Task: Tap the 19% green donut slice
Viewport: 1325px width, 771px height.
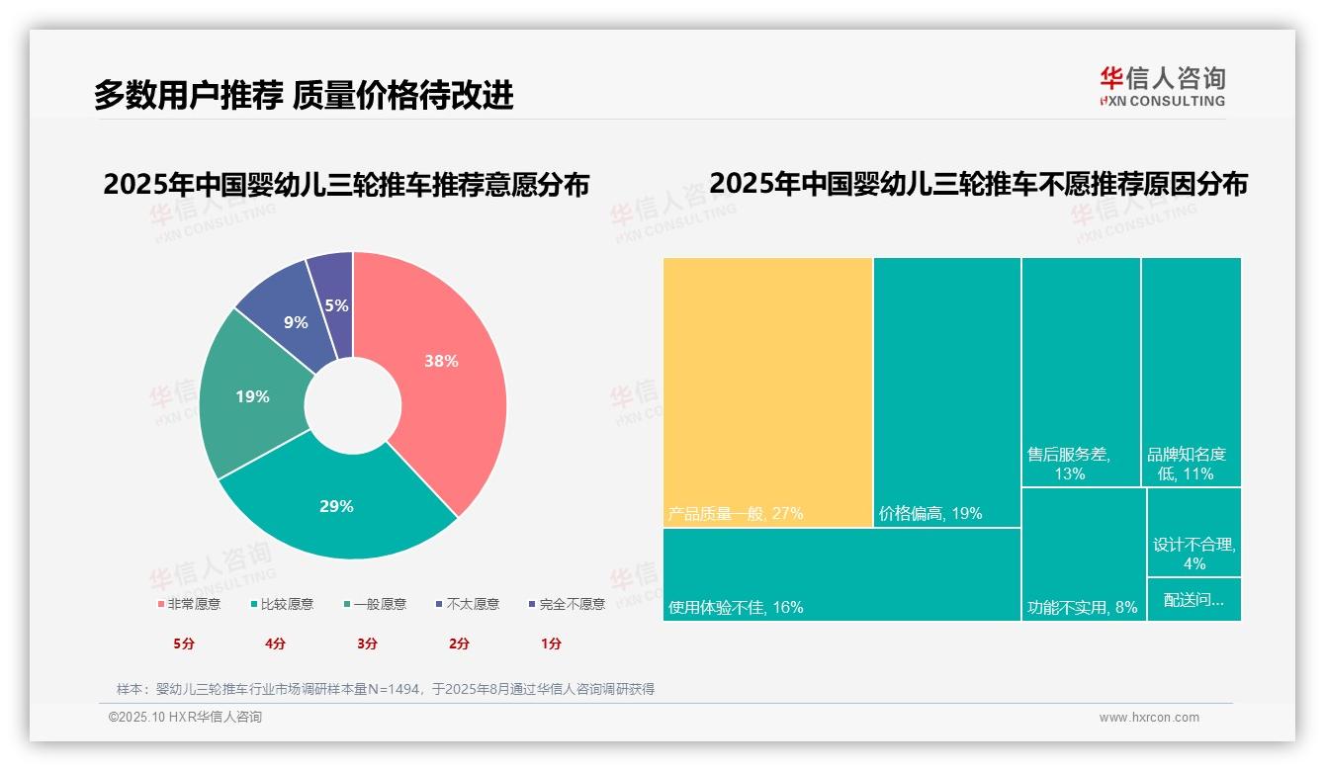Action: tap(252, 396)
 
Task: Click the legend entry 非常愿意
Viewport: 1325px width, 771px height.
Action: tap(189, 604)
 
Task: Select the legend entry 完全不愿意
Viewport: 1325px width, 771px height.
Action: tap(568, 604)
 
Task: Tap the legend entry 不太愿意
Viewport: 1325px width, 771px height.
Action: tap(468, 604)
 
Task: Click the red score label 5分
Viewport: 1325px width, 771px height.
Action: tap(184, 643)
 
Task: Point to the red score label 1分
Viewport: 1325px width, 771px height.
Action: tap(551, 643)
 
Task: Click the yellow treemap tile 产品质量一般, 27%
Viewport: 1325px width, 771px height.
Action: tap(767, 391)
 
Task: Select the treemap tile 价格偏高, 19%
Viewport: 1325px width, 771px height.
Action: tap(946, 391)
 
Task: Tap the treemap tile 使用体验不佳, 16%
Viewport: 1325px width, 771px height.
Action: tap(840, 574)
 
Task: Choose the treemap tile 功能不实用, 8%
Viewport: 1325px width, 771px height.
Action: tap(1083, 554)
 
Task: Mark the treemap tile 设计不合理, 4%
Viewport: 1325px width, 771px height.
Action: tap(1193, 534)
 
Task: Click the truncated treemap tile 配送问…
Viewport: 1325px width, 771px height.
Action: tap(1193, 599)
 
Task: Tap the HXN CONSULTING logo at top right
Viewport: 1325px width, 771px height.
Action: tap(1162, 87)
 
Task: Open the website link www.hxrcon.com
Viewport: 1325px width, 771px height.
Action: tap(1149, 718)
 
